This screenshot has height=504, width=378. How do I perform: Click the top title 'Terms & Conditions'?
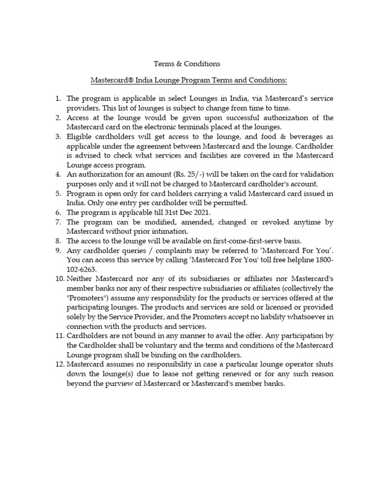pos(187,63)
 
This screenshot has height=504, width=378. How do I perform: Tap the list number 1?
pos(57,98)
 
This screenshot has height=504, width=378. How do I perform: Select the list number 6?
pos(57,212)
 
